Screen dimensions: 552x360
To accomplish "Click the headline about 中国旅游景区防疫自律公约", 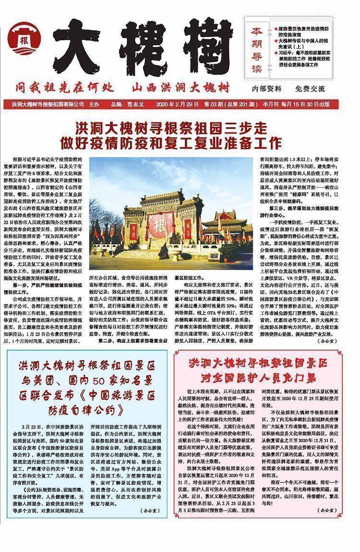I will tap(88, 388).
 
